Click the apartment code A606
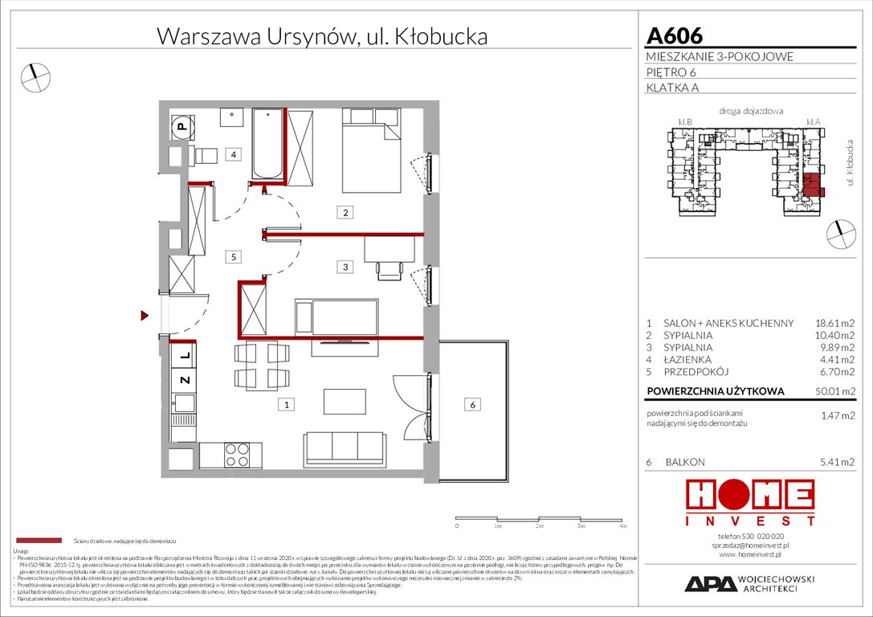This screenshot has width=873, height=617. click(x=675, y=36)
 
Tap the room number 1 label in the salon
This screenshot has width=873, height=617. click(x=285, y=405)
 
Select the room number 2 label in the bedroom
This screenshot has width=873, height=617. click(x=345, y=213)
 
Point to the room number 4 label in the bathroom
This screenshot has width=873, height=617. click(x=232, y=154)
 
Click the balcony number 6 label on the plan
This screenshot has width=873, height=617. click(x=473, y=405)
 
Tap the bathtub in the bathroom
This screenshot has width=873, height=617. click(x=267, y=145)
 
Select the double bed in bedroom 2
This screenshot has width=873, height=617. click(x=371, y=151)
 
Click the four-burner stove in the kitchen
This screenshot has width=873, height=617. click(x=237, y=456)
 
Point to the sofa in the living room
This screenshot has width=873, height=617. click(x=344, y=446)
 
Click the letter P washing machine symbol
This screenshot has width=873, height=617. click(x=182, y=126)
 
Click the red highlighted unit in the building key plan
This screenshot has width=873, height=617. click(x=814, y=185)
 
